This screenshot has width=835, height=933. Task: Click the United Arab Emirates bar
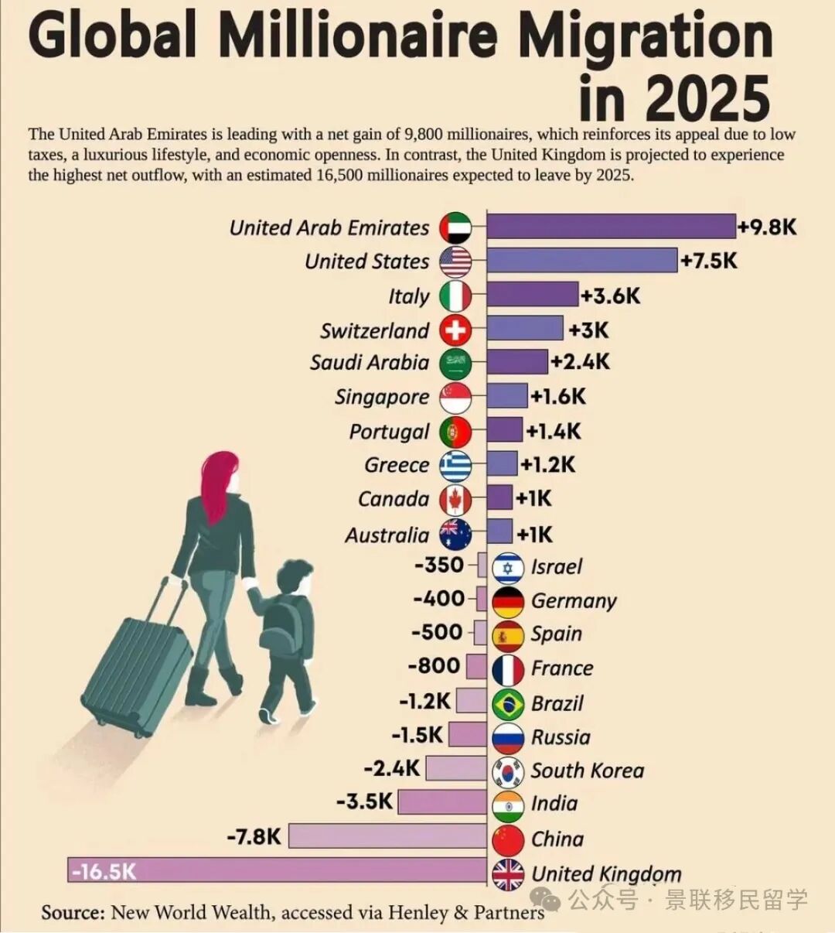tap(611, 227)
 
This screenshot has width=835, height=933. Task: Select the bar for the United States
tap(581, 261)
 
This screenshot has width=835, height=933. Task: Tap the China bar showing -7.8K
tap(387, 836)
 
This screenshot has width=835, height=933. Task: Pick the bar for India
tap(441, 802)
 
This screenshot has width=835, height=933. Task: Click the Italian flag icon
tap(455, 296)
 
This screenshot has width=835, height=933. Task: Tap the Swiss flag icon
tap(455, 330)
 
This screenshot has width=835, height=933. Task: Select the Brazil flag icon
tap(508, 703)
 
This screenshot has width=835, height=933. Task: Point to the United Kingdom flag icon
tap(508, 874)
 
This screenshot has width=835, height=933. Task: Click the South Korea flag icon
tap(508, 771)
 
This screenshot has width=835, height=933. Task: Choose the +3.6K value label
tap(610, 296)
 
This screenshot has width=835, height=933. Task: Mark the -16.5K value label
tap(104, 872)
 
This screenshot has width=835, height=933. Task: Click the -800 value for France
tap(434, 666)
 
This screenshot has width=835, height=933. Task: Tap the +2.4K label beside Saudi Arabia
tap(580, 361)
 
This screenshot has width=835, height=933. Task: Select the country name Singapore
tap(381, 397)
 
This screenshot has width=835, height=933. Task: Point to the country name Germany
tap(574, 601)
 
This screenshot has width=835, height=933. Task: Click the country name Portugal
tap(389, 432)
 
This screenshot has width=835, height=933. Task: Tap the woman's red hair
tap(217, 484)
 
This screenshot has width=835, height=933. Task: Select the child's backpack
tap(280, 627)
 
